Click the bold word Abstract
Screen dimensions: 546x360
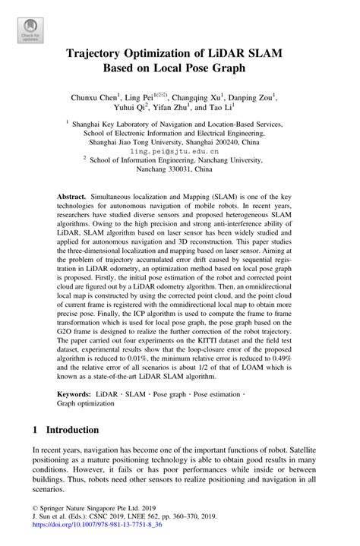click(72, 196)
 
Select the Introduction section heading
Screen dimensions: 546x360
click(71, 429)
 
